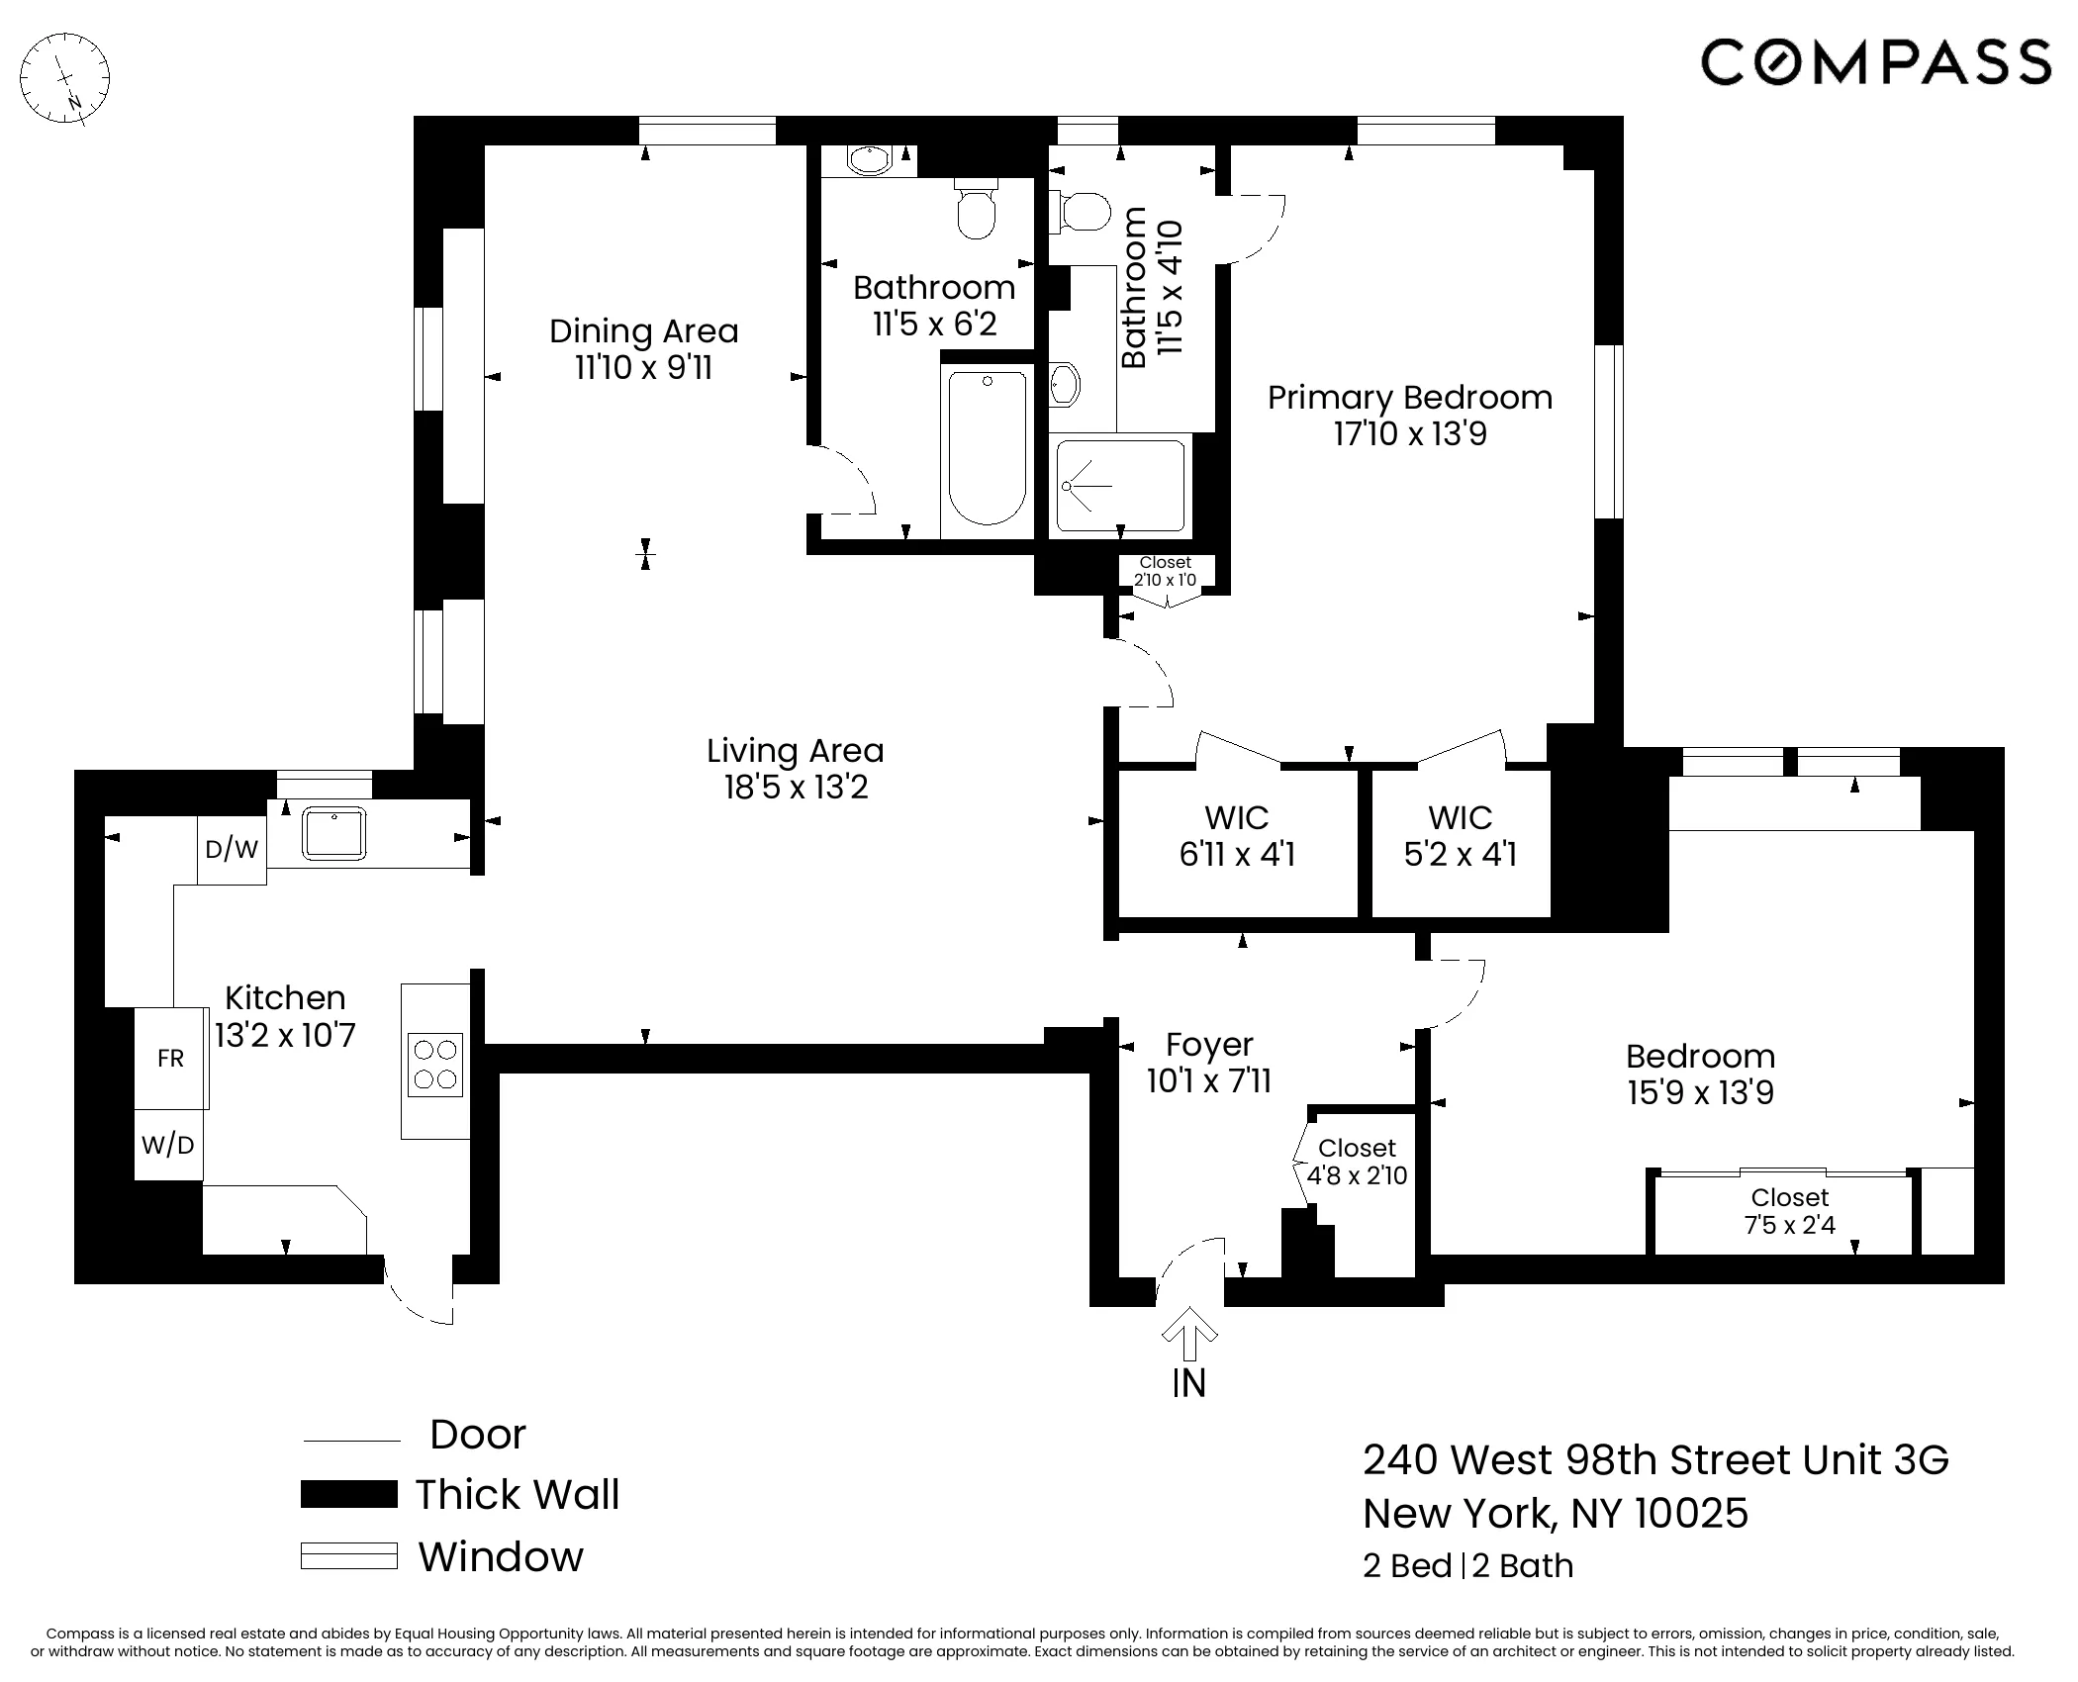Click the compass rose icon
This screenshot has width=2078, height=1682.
pyautogui.click(x=65, y=78)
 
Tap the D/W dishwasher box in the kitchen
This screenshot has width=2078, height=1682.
pyautogui.click(x=232, y=849)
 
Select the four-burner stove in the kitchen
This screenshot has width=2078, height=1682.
pyautogui.click(x=435, y=1065)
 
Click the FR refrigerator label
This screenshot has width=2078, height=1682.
pyautogui.click(x=170, y=1059)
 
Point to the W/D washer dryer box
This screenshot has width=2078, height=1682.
pyautogui.click(x=168, y=1145)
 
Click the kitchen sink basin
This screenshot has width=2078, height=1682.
pyautogui.click(x=334, y=833)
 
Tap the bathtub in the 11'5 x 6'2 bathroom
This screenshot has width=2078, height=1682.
pyautogui.click(x=987, y=447)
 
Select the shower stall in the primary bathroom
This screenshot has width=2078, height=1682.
pyautogui.click(x=1119, y=486)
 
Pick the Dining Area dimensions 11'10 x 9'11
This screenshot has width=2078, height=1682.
pyautogui.click(x=644, y=368)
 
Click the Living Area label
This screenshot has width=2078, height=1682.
pyautogui.click(x=796, y=751)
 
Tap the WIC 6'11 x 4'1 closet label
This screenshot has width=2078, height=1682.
pyautogui.click(x=1237, y=836)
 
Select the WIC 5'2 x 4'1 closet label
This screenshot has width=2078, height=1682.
pyautogui.click(x=1461, y=836)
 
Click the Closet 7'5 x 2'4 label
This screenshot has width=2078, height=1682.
pyautogui.click(x=1789, y=1211)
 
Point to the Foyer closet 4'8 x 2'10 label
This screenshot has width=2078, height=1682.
pyautogui.click(x=1357, y=1162)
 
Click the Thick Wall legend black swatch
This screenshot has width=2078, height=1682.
pyautogui.click(x=348, y=1494)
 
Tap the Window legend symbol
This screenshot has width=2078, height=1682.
pyautogui.click(x=348, y=1556)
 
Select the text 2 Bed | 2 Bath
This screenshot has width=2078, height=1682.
pyautogui.click(x=1467, y=1566)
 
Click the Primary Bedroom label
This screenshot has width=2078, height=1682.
pyautogui.click(x=1410, y=398)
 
